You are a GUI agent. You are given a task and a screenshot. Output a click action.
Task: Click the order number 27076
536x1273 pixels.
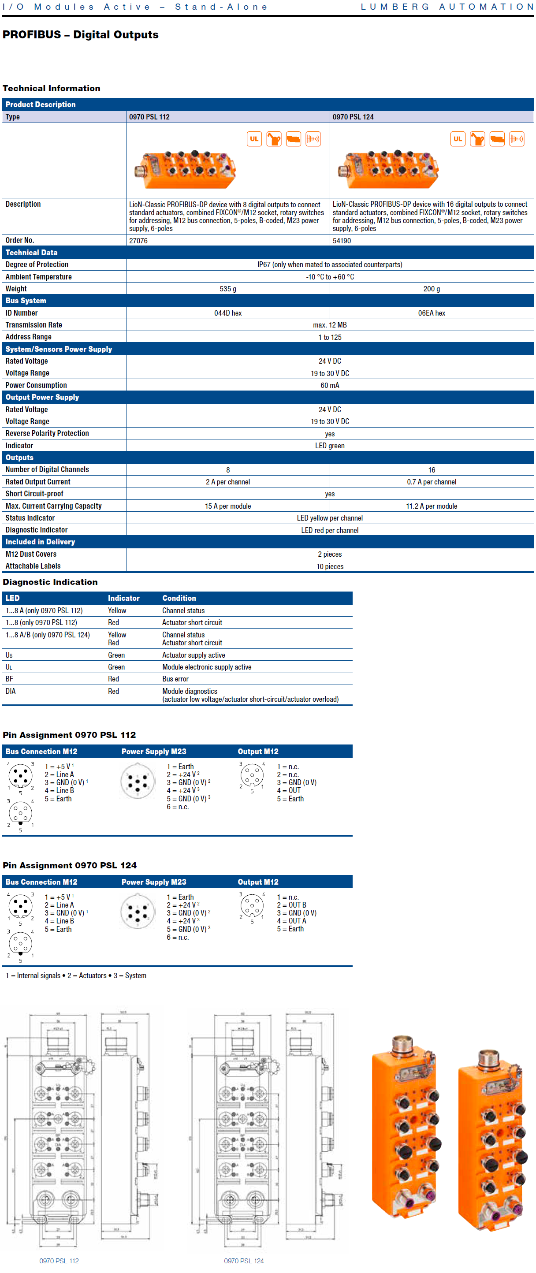(x=138, y=241)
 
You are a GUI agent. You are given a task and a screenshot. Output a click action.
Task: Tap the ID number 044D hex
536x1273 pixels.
(x=228, y=313)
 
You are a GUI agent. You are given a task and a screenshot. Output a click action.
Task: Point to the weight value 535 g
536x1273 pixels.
(x=228, y=289)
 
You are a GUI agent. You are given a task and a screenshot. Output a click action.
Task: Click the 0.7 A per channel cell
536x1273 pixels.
(x=431, y=482)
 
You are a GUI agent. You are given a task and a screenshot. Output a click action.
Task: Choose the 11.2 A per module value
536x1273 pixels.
(x=431, y=506)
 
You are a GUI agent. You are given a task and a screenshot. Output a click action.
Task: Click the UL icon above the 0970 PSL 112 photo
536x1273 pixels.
(x=254, y=139)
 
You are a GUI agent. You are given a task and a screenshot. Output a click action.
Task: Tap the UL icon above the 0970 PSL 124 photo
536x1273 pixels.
(x=458, y=139)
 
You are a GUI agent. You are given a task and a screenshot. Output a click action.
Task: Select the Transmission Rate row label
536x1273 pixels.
(x=33, y=325)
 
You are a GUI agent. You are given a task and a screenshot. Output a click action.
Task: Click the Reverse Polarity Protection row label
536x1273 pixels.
(x=47, y=433)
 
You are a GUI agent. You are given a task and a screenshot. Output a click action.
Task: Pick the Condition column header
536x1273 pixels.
(x=179, y=598)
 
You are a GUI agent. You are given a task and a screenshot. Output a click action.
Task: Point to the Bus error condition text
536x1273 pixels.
(x=175, y=679)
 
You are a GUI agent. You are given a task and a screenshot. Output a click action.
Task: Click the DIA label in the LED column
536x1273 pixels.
(x=11, y=691)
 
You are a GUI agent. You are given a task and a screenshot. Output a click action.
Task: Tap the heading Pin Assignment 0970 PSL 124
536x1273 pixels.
(x=70, y=865)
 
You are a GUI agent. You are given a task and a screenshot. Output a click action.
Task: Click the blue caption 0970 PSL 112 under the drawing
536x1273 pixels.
(x=59, y=1261)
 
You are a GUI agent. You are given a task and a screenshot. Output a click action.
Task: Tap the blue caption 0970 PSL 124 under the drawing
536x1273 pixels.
(x=244, y=1261)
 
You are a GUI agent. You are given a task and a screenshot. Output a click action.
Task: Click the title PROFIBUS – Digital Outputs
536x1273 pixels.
(x=81, y=34)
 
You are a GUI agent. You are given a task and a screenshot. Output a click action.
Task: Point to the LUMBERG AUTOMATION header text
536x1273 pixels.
(x=447, y=7)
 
